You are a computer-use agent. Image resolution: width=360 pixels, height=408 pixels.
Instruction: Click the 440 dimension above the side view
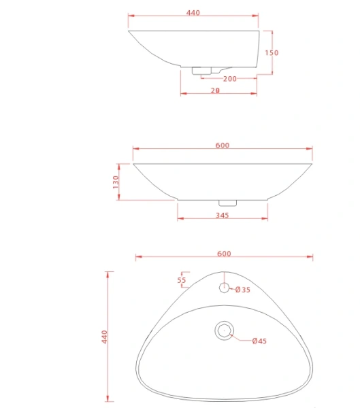pyautogui.click(x=193, y=13)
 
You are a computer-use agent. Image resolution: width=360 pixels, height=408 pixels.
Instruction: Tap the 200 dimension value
pyautogui.click(x=230, y=79)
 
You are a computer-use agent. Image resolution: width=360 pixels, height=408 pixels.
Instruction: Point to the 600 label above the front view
pyautogui.click(x=223, y=145)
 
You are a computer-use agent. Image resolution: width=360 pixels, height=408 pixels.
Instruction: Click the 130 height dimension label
pyautogui.click(x=116, y=182)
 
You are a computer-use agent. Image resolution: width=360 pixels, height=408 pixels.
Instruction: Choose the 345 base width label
pyautogui.click(x=222, y=215)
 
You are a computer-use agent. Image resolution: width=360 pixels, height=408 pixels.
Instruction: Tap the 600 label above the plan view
pyautogui.click(x=224, y=254)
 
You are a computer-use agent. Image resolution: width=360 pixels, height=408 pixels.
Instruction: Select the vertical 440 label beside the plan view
pyautogui.click(x=104, y=337)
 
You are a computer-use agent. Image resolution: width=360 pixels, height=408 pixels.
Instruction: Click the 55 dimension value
pyautogui.click(x=182, y=279)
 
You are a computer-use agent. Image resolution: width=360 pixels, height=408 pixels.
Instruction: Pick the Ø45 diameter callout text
pyautogui.click(x=259, y=341)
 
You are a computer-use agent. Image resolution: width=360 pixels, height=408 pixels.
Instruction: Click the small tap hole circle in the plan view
pyautogui.click(x=224, y=288)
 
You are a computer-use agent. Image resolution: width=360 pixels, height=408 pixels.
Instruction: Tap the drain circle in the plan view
pyautogui.click(x=224, y=331)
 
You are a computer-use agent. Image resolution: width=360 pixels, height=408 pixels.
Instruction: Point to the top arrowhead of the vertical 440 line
pyautogui.click(x=108, y=273)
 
